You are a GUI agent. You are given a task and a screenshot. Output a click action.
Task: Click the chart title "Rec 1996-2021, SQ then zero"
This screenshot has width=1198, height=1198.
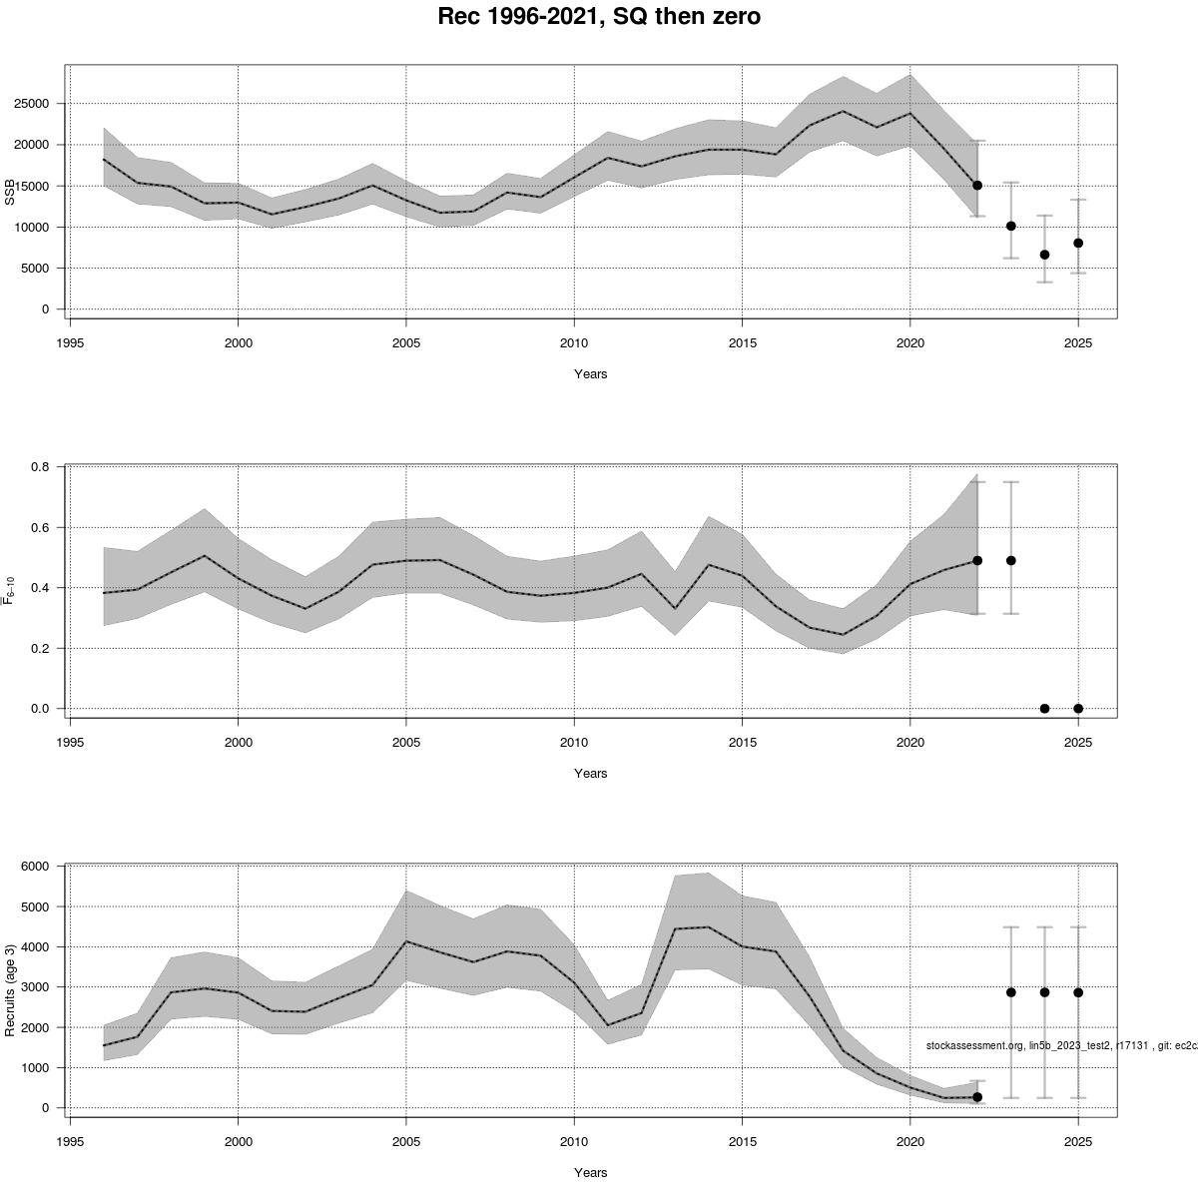pyautogui.click(x=599, y=17)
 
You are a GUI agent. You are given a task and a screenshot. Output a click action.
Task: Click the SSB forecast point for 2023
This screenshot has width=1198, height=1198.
pyautogui.click(x=1011, y=226)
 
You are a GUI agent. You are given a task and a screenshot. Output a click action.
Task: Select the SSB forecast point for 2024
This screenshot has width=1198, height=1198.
pyautogui.click(x=1044, y=255)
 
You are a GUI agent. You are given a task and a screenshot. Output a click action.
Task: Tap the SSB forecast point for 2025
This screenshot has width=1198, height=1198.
pyautogui.click(x=1078, y=243)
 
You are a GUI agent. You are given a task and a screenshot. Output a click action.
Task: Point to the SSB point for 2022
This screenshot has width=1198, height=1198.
pyautogui.click(x=977, y=185)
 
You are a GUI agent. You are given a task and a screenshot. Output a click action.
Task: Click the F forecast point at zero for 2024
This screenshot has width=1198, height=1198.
pyautogui.click(x=1044, y=709)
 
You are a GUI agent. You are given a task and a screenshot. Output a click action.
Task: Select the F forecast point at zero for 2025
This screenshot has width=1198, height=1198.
pyautogui.click(x=1078, y=709)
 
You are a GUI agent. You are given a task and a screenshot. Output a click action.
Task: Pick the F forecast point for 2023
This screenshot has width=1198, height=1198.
pyautogui.click(x=1011, y=561)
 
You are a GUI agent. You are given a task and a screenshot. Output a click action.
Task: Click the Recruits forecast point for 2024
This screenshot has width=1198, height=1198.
pyautogui.click(x=1044, y=992)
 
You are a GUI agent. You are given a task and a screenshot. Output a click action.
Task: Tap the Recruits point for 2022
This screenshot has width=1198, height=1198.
pyautogui.click(x=977, y=1097)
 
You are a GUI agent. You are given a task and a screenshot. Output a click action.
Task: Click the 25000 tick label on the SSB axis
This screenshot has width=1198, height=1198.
pyautogui.click(x=34, y=104)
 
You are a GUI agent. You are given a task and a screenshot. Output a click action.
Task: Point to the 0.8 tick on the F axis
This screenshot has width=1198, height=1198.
pyautogui.click(x=41, y=467)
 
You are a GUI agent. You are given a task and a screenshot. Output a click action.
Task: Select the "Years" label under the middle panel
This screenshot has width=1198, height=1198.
pyautogui.click(x=590, y=773)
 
